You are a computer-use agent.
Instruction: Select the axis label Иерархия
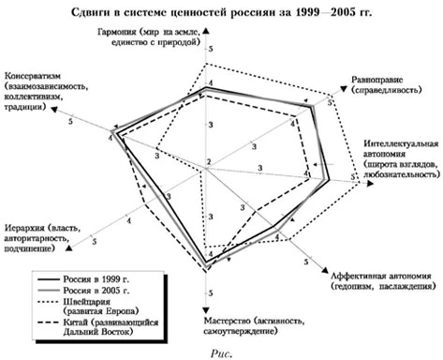pos(25,228)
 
